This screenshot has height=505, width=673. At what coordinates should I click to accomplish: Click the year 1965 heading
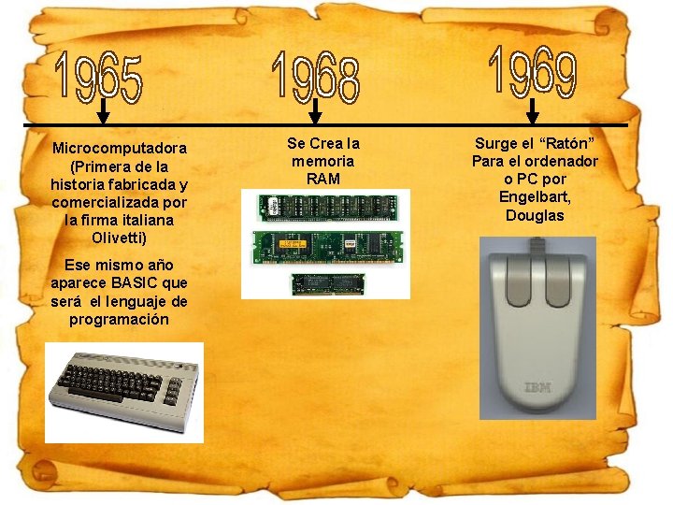pos(99,76)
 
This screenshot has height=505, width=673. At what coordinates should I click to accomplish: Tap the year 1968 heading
pos(315,75)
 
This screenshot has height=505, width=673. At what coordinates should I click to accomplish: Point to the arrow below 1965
pos(103,114)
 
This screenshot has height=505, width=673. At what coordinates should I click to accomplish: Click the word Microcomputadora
pos(120,148)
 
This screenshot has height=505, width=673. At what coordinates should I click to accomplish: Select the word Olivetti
pos(120,238)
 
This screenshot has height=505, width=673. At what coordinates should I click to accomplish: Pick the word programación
pos(120,319)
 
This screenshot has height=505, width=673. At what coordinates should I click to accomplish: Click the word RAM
pos(322,179)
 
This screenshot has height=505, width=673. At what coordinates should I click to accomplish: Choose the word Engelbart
pos(535,196)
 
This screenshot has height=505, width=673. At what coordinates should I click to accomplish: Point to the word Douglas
pos(535,215)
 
